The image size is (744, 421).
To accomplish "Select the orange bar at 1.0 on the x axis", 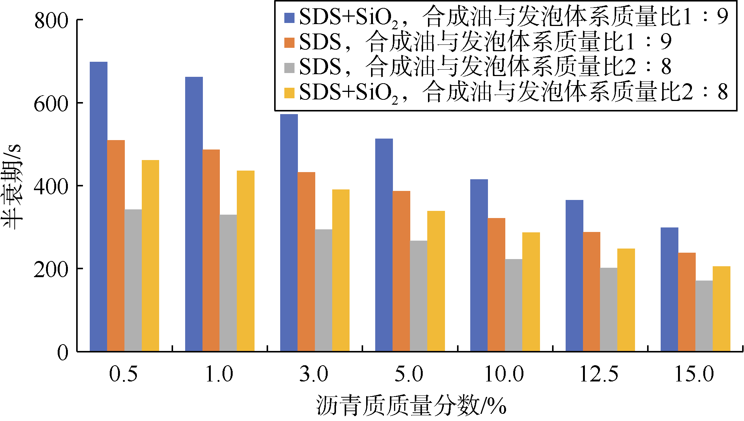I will click(211, 250).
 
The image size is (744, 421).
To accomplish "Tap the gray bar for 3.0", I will click(324, 290).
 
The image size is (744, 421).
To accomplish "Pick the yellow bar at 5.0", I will click(436, 281).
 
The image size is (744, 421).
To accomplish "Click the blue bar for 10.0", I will click(479, 265).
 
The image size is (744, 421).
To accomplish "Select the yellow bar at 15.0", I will click(721, 309).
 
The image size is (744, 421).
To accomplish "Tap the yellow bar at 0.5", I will click(150, 256).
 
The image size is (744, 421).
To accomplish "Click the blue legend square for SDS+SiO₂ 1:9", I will click(289, 18).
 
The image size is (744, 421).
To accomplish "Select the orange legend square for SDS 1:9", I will click(289, 43).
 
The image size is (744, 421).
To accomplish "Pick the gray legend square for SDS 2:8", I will click(289, 68).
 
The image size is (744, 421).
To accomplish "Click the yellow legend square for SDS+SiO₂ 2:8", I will click(289, 93).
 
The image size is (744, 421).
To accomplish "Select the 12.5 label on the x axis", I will click(599, 374).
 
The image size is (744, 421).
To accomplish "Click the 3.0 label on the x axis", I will click(314, 374).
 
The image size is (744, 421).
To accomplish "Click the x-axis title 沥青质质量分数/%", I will click(411, 406).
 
